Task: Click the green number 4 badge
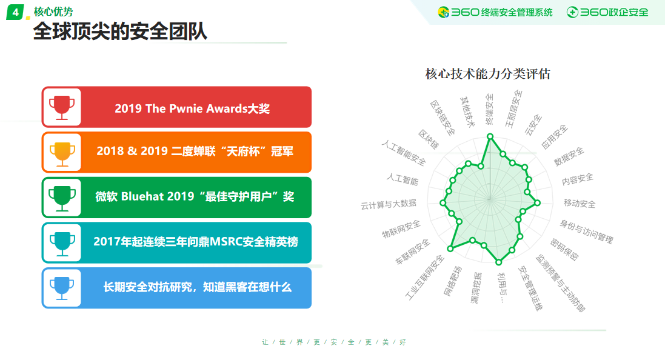click(x=15, y=12)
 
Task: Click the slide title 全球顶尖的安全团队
click(x=120, y=32)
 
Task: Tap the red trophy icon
click(x=62, y=107)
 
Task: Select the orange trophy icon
click(x=62, y=153)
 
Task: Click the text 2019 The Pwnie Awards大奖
click(x=192, y=108)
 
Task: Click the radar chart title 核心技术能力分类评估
click(x=488, y=74)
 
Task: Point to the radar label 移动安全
click(x=580, y=203)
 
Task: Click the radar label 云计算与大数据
click(x=389, y=204)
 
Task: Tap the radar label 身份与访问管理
click(x=587, y=232)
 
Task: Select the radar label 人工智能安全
click(x=403, y=153)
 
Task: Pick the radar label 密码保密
click(x=564, y=249)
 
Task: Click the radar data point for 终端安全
click(x=490, y=136)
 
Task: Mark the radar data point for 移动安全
click(x=538, y=202)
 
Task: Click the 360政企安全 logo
click(x=607, y=12)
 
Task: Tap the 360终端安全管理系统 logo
click(x=495, y=12)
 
